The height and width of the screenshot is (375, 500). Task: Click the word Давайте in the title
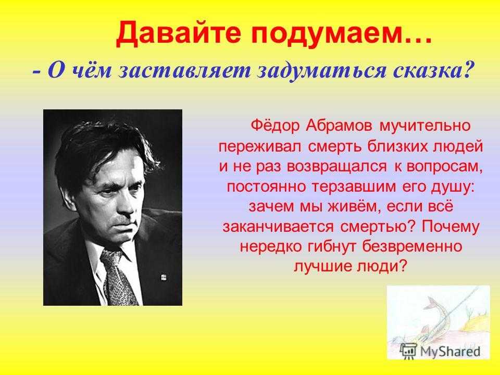coord(178,33)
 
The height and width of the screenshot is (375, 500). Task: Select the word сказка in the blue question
coord(432,71)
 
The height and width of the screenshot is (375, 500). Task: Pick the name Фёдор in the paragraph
coord(275,126)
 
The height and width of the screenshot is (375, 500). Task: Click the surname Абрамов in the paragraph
coord(339,126)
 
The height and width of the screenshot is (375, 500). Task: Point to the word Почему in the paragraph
coord(450,227)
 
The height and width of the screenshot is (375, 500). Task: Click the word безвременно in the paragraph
coord(413,246)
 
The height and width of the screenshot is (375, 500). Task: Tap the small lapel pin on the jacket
coord(164,278)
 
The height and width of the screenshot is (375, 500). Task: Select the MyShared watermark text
coord(450,352)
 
